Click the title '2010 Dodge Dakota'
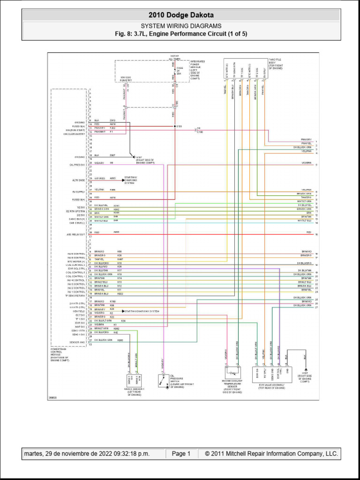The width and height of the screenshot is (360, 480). click(x=181, y=15)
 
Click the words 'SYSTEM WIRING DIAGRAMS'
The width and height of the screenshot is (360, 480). click(x=181, y=26)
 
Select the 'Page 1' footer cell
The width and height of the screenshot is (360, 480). click(x=181, y=454)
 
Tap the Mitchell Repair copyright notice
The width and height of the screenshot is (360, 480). click(x=268, y=454)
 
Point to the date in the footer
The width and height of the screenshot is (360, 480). click(x=87, y=454)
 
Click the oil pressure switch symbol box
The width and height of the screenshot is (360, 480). click(x=164, y=381)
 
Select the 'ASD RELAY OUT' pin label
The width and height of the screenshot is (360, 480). click(x=76, y=234)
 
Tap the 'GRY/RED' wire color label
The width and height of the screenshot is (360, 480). click(x=99, y=179)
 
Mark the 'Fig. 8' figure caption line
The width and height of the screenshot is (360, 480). click(x=181, y=34)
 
